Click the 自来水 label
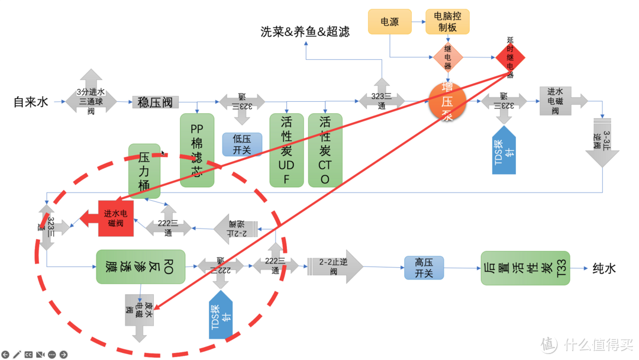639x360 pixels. point(31,102)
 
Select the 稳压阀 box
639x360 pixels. point(155,102)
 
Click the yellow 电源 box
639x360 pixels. point(389,22)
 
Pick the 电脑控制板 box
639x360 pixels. point(447,22)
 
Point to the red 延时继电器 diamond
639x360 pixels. point(510,57)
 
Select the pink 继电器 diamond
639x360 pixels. point(448,57)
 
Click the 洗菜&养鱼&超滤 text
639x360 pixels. point(305,31)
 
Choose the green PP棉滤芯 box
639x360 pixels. point(197,150)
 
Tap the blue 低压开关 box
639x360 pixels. point(242,144)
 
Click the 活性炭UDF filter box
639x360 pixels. point(286,150)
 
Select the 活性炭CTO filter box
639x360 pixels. point(325,150)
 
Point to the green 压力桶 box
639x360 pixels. point(144,171)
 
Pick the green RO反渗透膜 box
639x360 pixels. point(140,266)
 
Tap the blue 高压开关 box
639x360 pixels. point(424,268)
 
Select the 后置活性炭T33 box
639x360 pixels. point(525,268)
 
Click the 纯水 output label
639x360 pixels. point(604,268)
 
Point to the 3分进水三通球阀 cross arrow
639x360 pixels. point(91,101)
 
